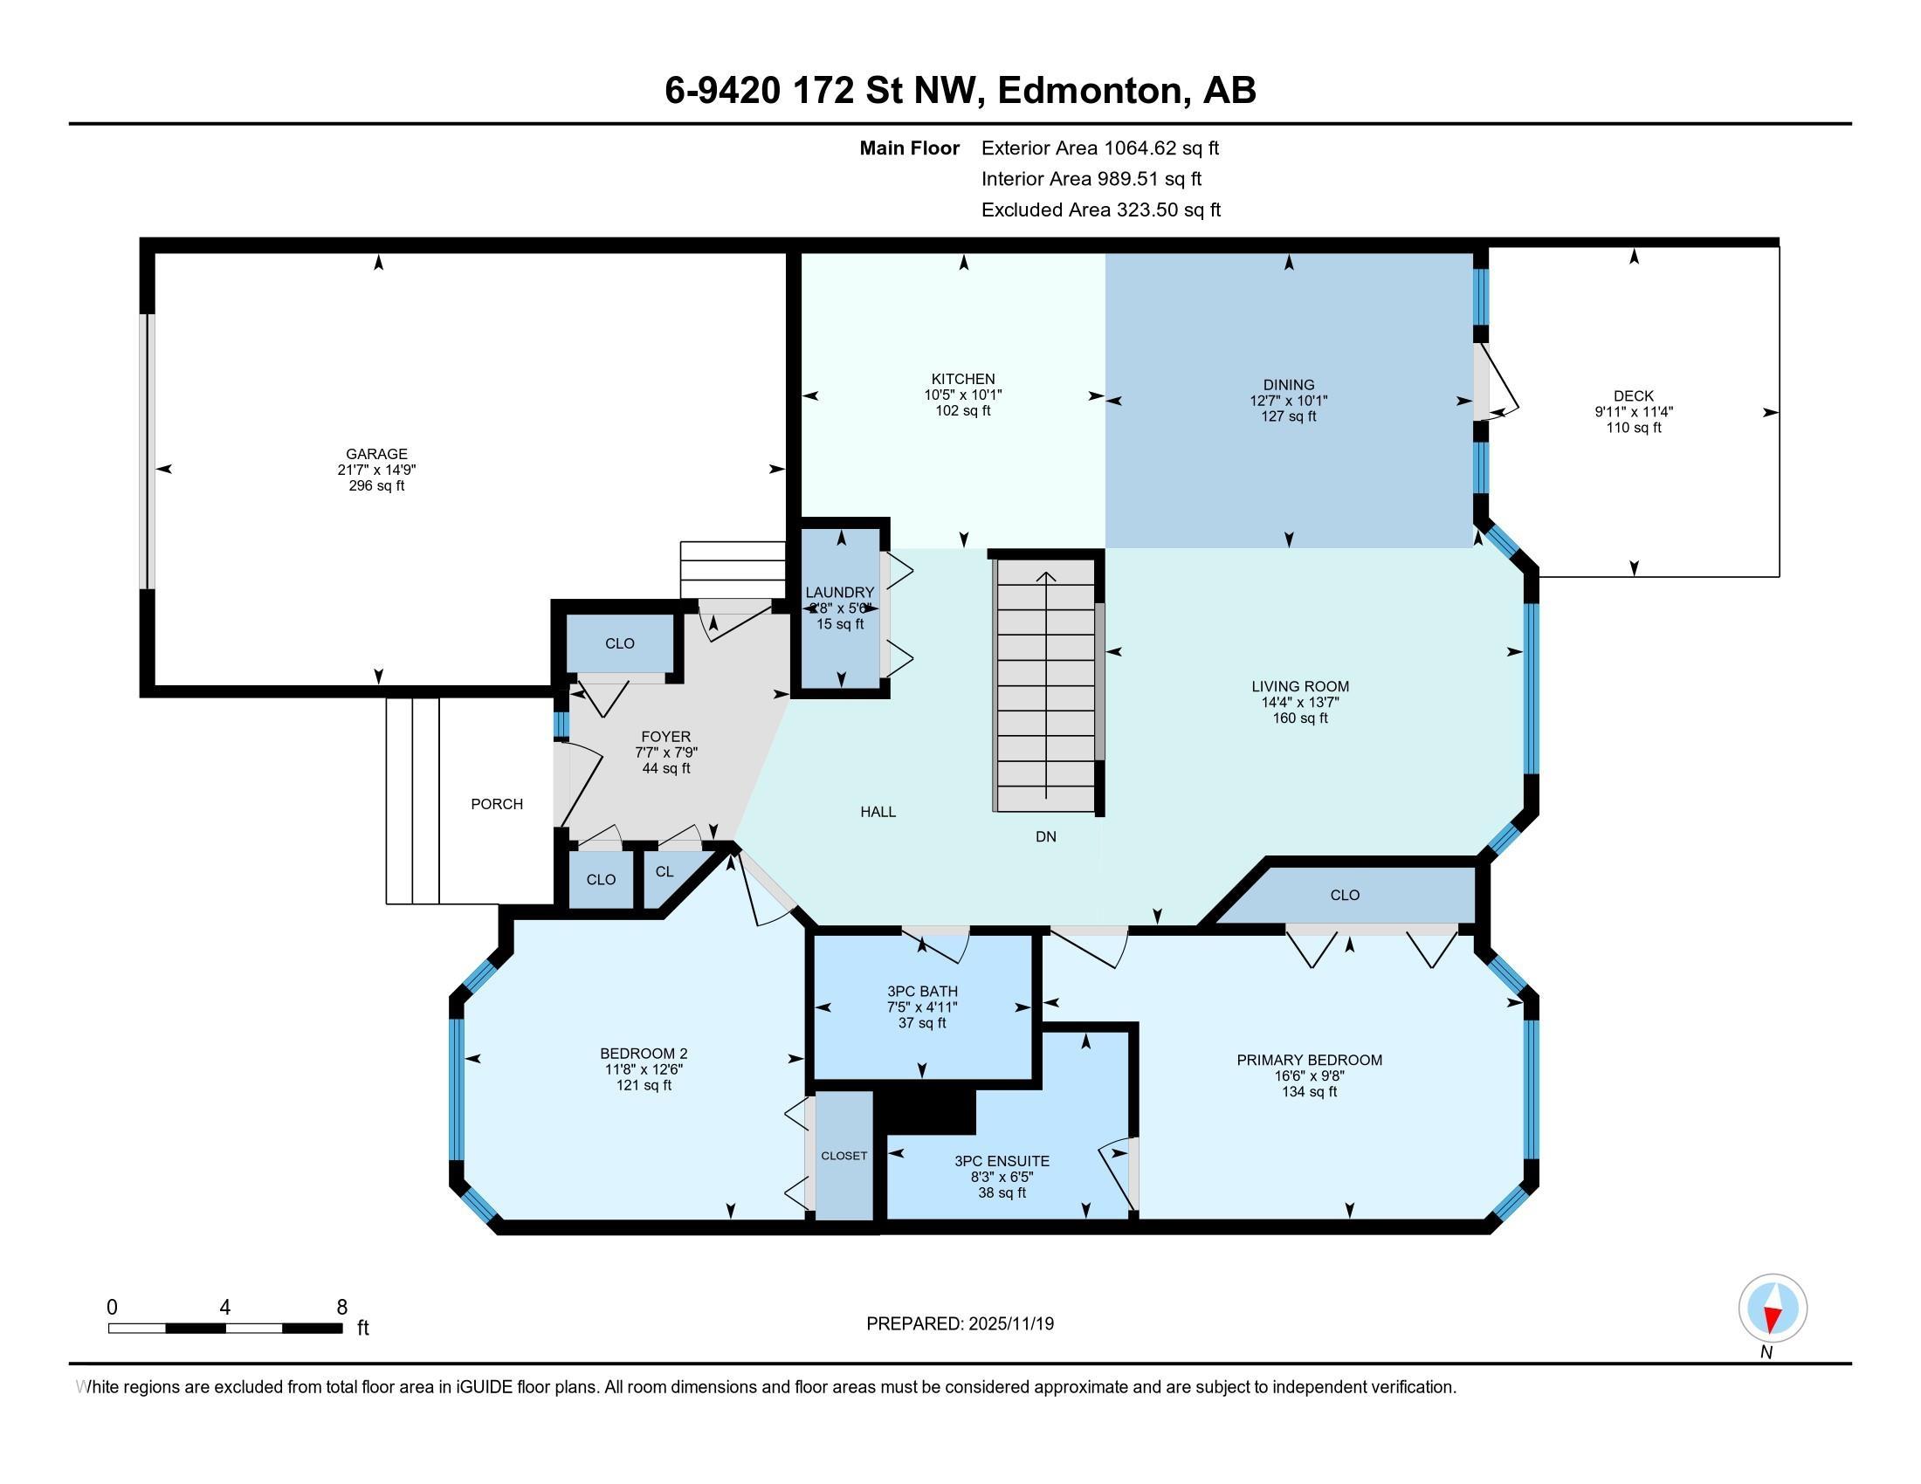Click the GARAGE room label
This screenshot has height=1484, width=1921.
tap(376, 454)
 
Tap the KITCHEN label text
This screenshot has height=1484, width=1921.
tap(963, 379)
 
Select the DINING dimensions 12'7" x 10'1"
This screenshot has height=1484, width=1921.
tap(1289, 400)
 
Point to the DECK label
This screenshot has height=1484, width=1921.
tap(1634, 396)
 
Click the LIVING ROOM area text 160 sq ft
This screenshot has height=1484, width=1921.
tap(1300, 718)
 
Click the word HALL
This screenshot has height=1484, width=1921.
tap(878, 813)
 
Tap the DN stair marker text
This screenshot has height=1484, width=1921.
tap(1046, 837)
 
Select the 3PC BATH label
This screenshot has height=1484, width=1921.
tap(922, 992)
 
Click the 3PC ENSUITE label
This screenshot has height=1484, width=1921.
tap(1002, 1161)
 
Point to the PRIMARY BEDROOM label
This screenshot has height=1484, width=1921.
tap(1309, 1061)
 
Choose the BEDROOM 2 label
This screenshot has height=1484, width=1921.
tap(644, 1055)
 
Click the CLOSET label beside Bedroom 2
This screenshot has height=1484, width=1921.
tap(844, 1156)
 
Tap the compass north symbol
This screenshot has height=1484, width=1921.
tap(1773, 1309)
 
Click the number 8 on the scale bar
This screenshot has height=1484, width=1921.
tap(342, 1308)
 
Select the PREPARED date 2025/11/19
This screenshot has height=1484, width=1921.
tap(1009, 1324)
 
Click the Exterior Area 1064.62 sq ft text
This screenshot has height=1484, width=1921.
tap(1100, 148)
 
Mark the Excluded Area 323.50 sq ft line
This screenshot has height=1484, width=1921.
tap(1101, 210)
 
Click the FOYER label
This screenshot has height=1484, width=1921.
tap(666, 737)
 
